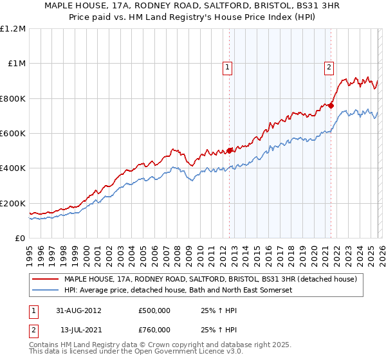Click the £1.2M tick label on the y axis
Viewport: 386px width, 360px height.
(x=13, y=29)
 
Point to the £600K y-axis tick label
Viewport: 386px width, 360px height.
(x=13, y=134)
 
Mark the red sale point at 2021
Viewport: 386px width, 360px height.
(x=331, y=106)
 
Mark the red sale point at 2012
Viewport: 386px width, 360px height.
(x=230, y=151)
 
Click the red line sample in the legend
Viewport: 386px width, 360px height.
(x=46, y=279)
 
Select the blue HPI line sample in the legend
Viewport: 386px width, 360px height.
(x=46, y=291)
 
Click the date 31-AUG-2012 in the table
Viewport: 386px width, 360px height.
(x=79, y=310)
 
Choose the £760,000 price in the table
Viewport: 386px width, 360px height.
(x=154, y=330)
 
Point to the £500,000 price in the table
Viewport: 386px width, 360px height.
(x=154, y=310)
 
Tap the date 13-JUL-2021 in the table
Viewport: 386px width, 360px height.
(x=79, y=330)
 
